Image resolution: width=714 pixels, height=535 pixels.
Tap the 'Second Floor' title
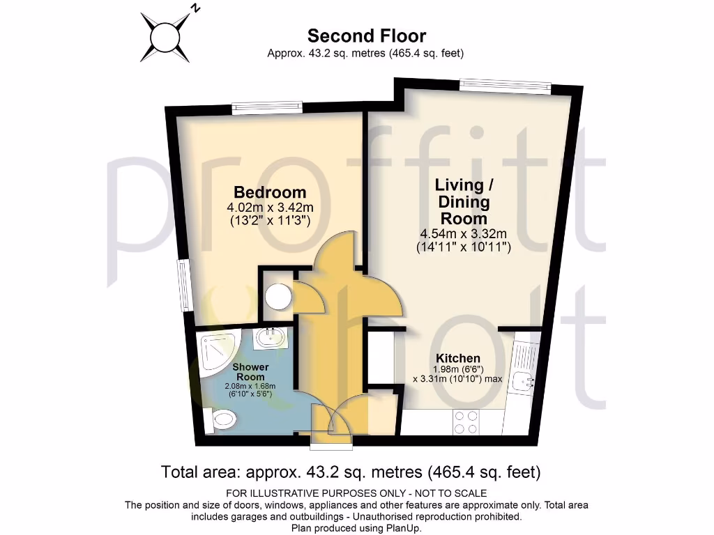pyautogui.click(x=366, y=36)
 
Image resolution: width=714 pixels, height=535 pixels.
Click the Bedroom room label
pyautogui.click(x=270, y=192)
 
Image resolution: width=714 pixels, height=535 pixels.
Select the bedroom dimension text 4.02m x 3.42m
pyautogui.click(x=270, y=208)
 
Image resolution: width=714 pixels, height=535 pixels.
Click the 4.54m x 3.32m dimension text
pyautogui.click(x=464, y=233)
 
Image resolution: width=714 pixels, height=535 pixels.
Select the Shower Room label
pyautogui.click(x=250, y=371)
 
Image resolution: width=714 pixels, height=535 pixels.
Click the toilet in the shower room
pyautogui.click(x=222, y=419)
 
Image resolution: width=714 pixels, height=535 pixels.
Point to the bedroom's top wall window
pyautogui.click(x=267, y=108)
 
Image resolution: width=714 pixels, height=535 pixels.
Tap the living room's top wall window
pyautogui.click(x=504, y=86)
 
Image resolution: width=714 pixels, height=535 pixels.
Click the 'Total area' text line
pyautogui.click(x=351, y=472)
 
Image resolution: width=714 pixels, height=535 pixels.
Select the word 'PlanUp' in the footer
pyautogui.click(x=405, y=529)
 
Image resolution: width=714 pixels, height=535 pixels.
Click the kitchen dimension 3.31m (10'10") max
pyautogui.click(x=457, y=379)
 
